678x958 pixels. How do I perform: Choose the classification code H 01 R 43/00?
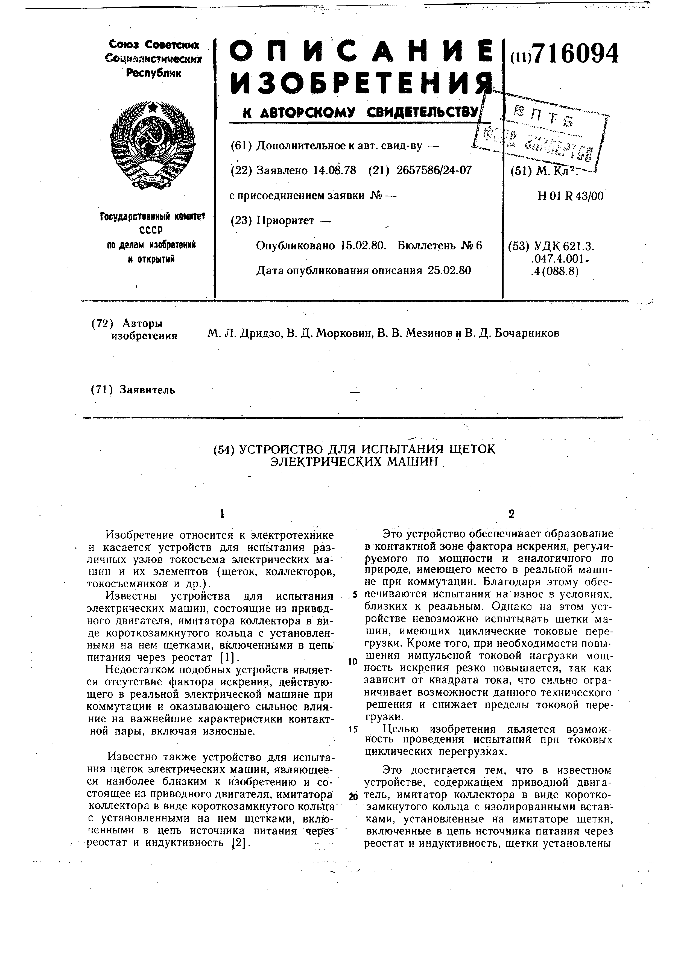point(571,196)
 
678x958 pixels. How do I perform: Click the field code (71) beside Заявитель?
point(102,390)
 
